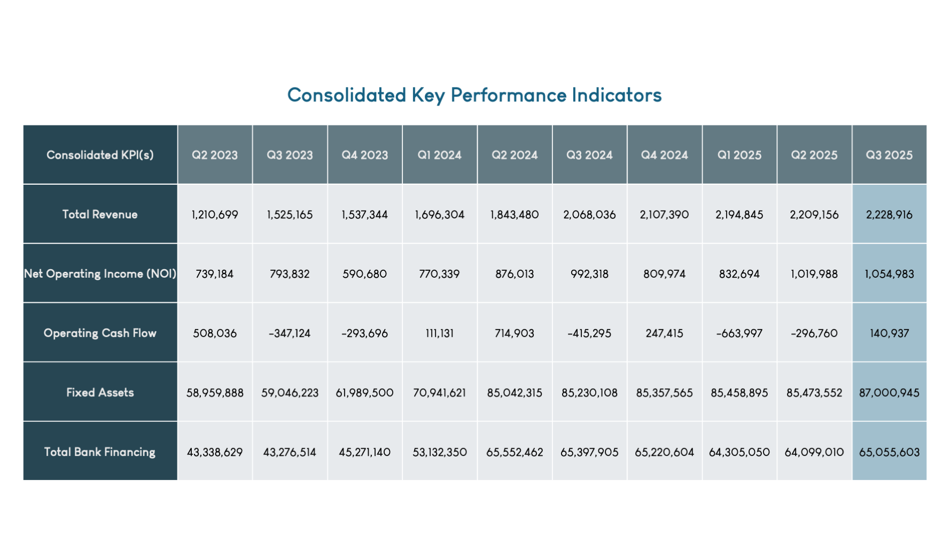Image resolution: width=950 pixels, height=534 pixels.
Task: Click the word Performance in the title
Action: tap(508, 96)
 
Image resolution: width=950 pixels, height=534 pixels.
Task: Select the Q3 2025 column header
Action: tap(889, 155)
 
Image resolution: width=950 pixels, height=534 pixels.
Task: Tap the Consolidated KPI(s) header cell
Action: tap(100, 155)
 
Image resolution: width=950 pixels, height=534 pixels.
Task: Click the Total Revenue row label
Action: tap(100, 215)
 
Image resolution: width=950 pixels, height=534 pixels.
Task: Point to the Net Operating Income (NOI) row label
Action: tap(100, 274)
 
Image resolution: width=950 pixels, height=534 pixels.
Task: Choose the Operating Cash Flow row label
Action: tap(100, 333)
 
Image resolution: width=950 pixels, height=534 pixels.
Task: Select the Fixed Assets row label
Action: tap(100, 392)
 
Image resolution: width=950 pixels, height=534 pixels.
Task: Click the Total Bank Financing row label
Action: tap(100, 452)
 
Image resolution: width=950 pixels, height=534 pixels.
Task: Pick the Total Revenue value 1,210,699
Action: tap(215, 215)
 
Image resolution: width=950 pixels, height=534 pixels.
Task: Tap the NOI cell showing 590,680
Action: tap(364, 274)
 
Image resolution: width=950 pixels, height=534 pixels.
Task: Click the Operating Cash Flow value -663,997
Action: tap(739, 333)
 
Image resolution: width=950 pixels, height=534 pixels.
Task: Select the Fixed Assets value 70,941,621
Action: tap(439, 393)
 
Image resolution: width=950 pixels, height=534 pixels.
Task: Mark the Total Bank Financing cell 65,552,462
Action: tap(515, 452)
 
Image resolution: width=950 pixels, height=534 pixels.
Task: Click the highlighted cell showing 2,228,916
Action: tap(889, 215)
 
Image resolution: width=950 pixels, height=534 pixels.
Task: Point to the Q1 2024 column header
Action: tap(439, 155)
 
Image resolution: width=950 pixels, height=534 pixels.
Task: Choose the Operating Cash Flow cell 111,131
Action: tap(439, 333)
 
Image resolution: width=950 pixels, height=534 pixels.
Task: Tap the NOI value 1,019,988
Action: tap(814, 274)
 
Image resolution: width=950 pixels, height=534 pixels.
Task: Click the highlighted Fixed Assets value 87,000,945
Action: tap(889, 393)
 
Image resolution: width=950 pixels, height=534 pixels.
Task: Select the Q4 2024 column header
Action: tap(664, 155)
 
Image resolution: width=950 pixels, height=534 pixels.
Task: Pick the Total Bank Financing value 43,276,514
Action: tap(290, 452)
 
